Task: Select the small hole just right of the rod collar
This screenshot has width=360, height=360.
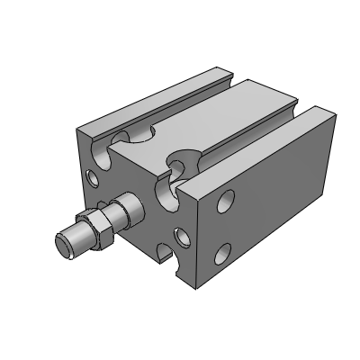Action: click(x=182, y=237)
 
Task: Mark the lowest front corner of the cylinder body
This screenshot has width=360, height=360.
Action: click(x=196, y=289)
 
